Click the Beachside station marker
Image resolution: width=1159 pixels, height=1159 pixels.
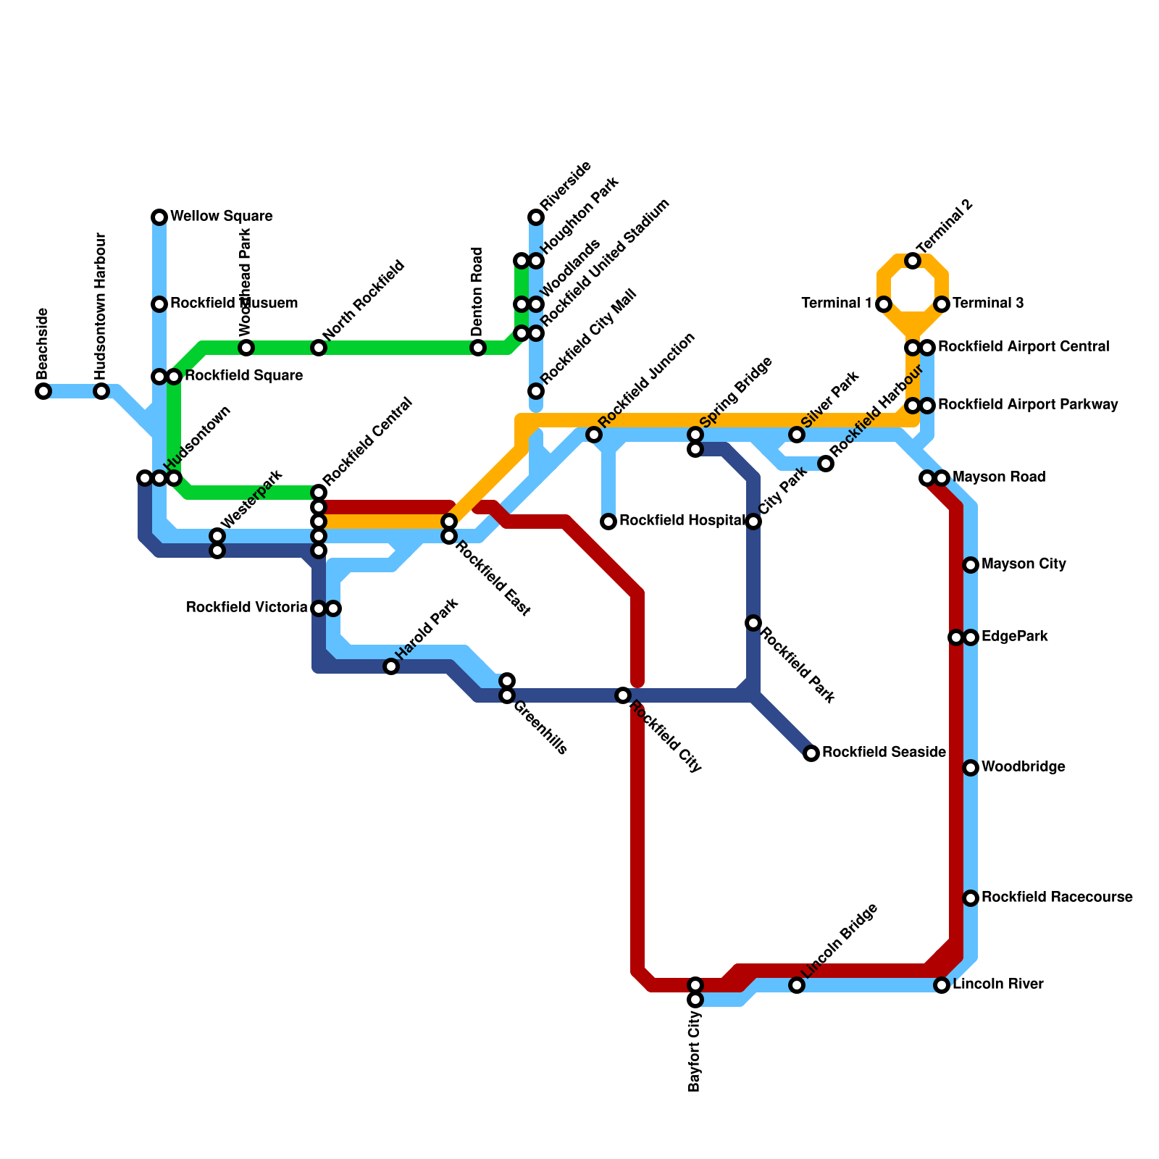coord(43,391)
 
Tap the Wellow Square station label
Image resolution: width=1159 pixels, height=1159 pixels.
coord(221,217)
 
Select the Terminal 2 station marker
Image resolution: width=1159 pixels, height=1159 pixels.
coord(913,261)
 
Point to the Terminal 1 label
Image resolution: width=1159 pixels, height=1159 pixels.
coord(837,304)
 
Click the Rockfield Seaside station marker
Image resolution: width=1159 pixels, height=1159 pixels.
coord(811,753)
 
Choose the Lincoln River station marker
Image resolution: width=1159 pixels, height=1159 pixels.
coord(942,985)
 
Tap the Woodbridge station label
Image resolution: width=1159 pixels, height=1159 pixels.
coord(1023,767)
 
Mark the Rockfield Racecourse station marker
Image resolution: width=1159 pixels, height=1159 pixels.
coord(971,898)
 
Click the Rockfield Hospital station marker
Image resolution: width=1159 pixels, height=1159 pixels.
coord(608,522)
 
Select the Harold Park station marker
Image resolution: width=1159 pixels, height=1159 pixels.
coord(391,666)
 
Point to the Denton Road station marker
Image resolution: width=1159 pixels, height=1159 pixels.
coord(478,348)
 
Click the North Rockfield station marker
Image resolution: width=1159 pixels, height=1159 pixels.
coord(319,348)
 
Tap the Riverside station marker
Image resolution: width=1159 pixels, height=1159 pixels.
coord(536,217)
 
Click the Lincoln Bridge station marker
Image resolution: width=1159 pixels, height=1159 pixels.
coord(797,985)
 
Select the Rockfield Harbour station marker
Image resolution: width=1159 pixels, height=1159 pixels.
coord(826,464)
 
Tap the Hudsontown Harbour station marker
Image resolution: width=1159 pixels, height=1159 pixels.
coord(101,391)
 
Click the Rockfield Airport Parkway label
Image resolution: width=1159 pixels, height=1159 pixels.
coord(1032,405)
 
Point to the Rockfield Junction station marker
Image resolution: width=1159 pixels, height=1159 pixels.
coord(594,435)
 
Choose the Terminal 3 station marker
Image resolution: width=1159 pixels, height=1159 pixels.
coord(942,304)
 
